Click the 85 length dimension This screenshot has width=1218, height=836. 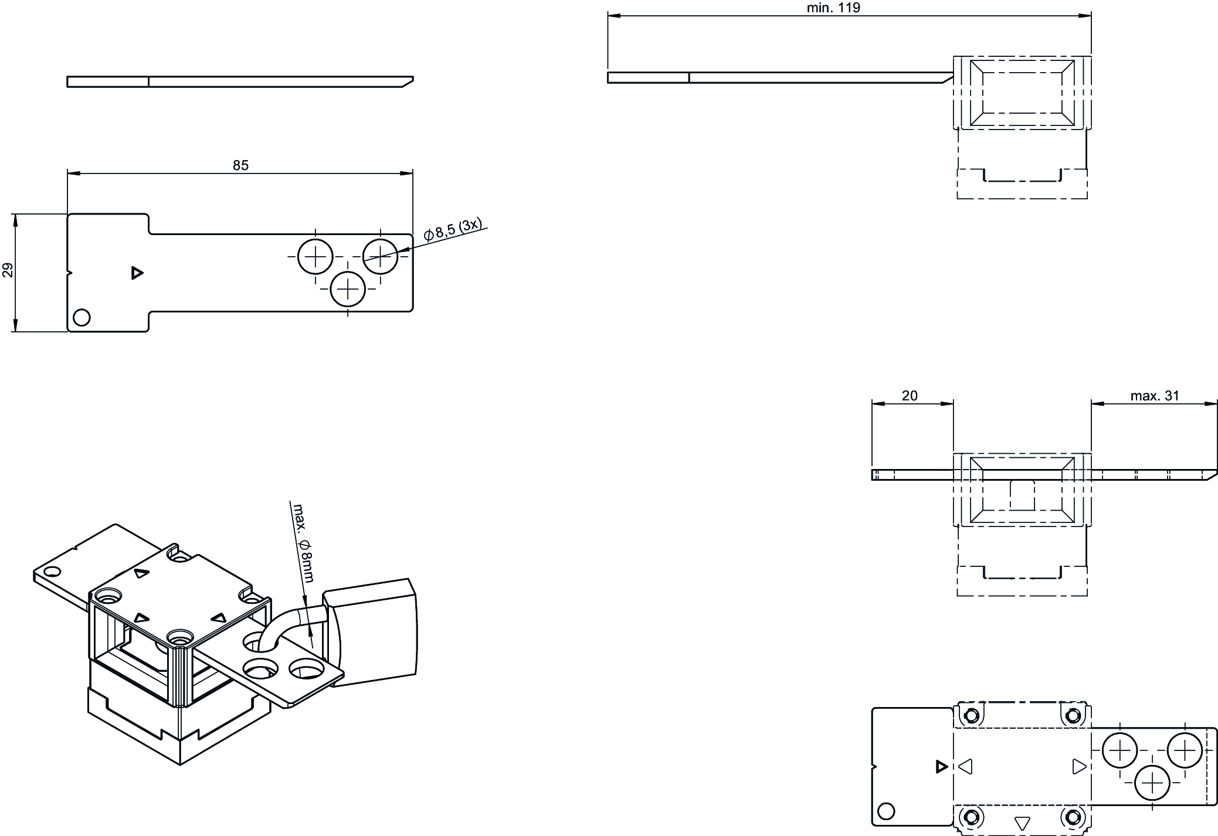click(x=240, y=166)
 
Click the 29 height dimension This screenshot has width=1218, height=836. click(x=8, y=270)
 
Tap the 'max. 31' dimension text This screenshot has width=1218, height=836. click(x=1154, y=396)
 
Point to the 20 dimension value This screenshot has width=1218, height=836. click(x=910, y=396)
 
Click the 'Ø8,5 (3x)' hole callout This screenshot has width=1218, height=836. click(x=453, y=230)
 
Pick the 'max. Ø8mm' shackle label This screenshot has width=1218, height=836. click(x=303, y=543)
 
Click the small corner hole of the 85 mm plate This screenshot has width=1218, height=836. click(x=82, y=318)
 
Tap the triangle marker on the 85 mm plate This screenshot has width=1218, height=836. click(x=137, y=273)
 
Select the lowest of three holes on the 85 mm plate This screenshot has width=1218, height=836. click(x=348, y=288)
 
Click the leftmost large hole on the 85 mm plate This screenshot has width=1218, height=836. click(x=315, y=256)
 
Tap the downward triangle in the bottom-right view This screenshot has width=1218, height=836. click(x=1022, y=823)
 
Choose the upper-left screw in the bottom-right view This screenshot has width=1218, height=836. click(x=971, y=715)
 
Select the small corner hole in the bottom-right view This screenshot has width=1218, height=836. click(x=887, y=811)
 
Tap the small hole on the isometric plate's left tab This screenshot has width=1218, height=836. click(x=52, y=572)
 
